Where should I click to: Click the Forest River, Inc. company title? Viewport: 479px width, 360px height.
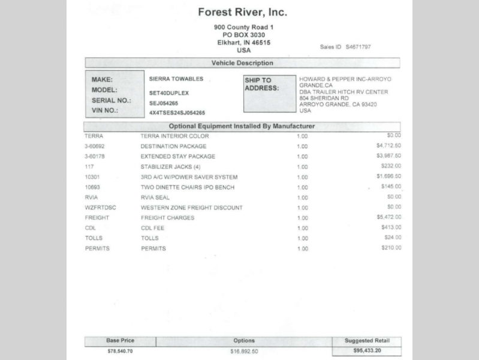pyautogui.click(x=242, y=12)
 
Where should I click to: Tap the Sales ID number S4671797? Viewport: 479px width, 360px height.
pyautogui.click(x=358, y=47)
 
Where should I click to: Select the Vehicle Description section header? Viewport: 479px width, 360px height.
pyautogui.click(x=242, y=63)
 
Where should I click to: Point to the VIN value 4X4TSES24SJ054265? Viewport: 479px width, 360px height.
pyautogui.click(x=177, y=113)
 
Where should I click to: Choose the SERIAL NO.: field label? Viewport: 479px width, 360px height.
pyautogui.click(x=112, y=101)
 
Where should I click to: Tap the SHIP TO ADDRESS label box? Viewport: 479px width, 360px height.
pyautogui.click(x=269, y=94)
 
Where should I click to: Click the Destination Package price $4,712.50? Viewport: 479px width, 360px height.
pyautogui.click(x=388, y=146)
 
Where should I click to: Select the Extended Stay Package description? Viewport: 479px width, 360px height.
pyautogui.click(x=177, y=157)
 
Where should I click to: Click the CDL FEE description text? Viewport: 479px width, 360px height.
pyautogui.click(x=153, y=228)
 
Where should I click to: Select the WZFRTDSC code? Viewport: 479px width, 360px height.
pyautogui.click(x=100, y=208)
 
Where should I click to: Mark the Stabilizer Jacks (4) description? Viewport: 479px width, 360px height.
pyautogui.click(x=170, y=167)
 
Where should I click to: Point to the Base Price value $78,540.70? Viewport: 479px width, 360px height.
pyautogui.click(x=120, y=350)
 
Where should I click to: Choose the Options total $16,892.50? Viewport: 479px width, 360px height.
pyautogui.click(x=244, y=351)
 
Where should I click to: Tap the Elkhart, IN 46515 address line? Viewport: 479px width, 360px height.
pyautogui.click(x=243, y=43)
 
